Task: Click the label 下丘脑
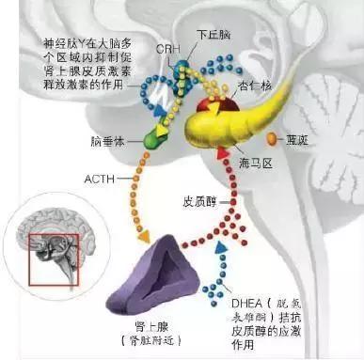(x=212, y=35)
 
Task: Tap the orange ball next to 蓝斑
(x=274, y=139)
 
